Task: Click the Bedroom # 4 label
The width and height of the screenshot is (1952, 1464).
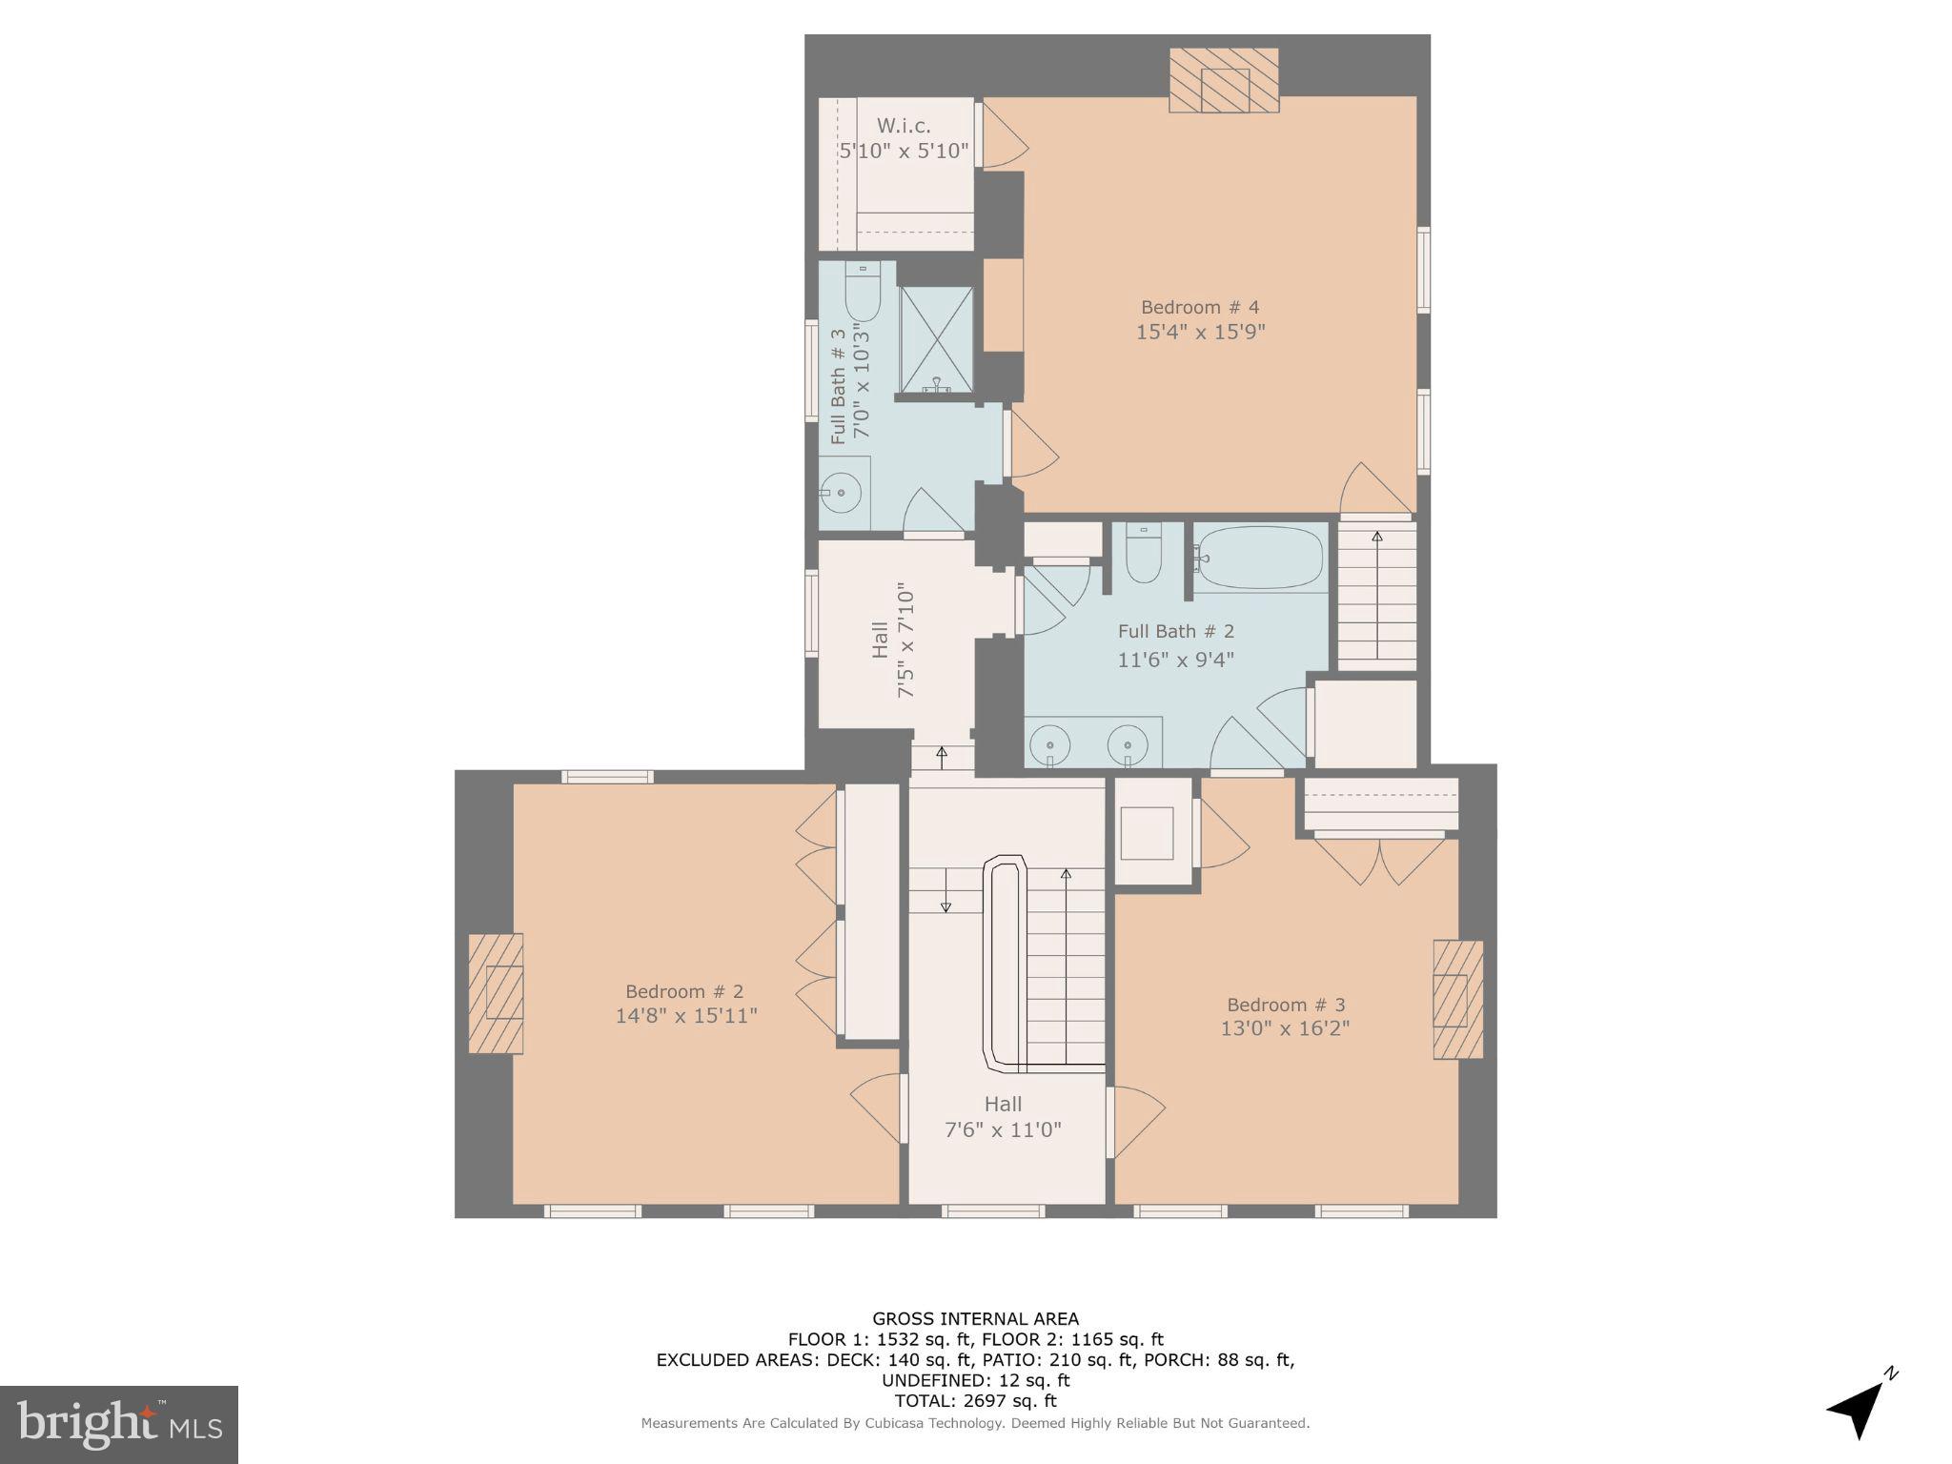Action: (1200, 307)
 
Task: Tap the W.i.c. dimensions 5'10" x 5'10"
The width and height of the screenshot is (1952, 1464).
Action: (904, 151)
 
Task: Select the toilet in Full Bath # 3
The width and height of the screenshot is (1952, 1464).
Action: (863, 293)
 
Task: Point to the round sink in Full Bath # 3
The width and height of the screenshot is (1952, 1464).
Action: (842, 493)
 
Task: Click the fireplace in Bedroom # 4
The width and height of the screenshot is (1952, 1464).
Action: (1224, 79)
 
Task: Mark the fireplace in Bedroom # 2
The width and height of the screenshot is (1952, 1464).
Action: (497, 992)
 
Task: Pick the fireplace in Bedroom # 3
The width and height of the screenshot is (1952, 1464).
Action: (1457, 1000)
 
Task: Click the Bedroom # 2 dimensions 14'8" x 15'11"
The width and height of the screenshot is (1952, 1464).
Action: (686, 1016)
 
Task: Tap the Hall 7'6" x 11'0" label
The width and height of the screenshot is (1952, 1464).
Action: (1003, 1117)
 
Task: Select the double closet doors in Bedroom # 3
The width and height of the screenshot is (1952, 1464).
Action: (1379, 858)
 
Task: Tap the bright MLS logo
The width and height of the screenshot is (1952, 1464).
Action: (119, 1424)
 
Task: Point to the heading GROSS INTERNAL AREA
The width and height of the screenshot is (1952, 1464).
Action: (975, 1319)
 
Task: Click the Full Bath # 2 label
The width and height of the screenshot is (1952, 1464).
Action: (1175, 631)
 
